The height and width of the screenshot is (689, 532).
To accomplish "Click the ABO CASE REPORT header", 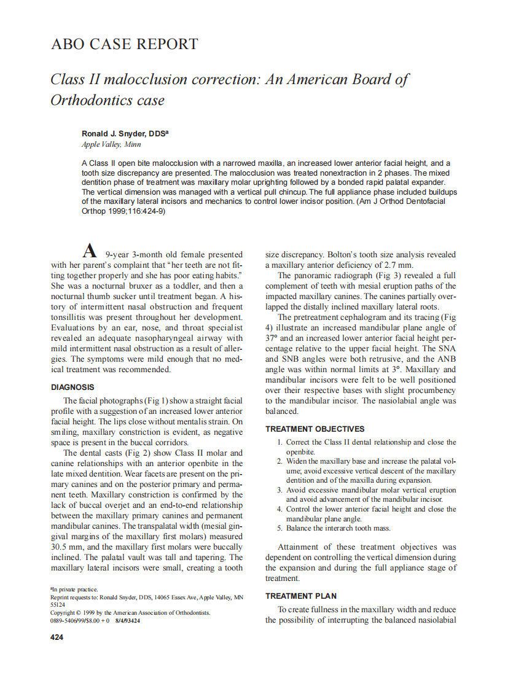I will pos(124,44).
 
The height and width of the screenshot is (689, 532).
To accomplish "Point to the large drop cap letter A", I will pos(90,251).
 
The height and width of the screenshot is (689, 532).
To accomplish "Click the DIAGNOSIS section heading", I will pos(72,387).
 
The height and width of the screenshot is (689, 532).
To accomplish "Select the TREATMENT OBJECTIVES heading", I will pos(315,429).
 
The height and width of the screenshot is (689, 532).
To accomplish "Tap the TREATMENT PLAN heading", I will pos(300,596).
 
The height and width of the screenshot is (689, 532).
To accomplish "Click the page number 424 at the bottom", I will pos(57,637).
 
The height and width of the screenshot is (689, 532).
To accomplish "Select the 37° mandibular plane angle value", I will pos(272,338).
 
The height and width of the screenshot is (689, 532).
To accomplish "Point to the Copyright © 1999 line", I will pos(130,612).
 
